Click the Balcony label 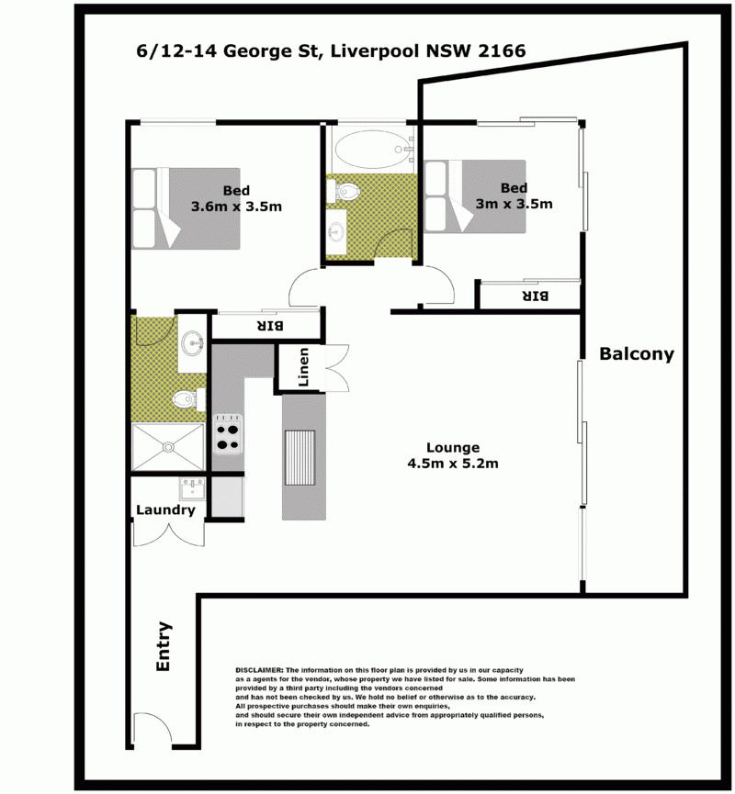click(637, 354)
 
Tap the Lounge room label click(453, 448)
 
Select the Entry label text click(164, 646)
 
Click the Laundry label click(165, 510)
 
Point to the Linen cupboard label click(303, 366)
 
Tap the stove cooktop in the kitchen click(228, 434)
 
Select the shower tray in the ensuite click(168, 447)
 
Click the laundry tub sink click(192, 488)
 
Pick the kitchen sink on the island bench click(300, 458)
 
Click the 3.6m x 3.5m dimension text click(236, 207)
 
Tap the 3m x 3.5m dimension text click(514, 204)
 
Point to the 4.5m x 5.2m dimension click(453, 464)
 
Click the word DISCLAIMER click(259, 670)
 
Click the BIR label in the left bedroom click(271, 326)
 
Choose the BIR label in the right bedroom click(536, 296)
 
